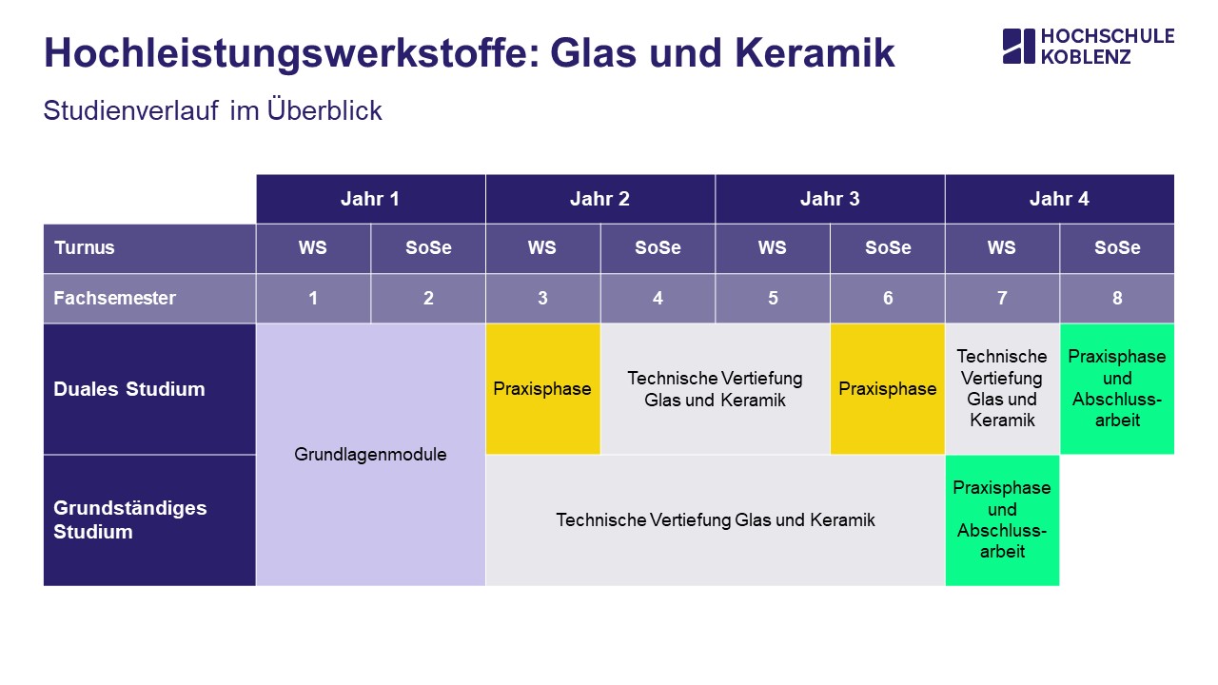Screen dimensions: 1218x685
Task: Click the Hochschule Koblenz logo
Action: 1088,47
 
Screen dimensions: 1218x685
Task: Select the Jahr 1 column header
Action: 370,199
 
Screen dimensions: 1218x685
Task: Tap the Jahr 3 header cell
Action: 830,199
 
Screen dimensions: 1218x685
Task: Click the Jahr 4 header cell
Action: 1060,199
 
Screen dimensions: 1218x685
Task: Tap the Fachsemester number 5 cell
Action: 773,299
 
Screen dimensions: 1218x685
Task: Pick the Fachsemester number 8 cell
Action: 1117,299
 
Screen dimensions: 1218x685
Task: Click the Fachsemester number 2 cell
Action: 428,299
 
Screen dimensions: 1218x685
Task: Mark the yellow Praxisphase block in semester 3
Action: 542,389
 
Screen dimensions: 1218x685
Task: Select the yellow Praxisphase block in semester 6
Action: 888,389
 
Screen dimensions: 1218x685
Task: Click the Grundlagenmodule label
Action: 370,455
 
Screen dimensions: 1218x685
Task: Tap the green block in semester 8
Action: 1117,389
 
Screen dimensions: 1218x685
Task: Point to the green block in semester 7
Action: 1002,520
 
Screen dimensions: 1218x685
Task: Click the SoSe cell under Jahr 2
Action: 658,248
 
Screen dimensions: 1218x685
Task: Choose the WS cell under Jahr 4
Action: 1002,248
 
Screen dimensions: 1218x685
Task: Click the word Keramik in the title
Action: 815,53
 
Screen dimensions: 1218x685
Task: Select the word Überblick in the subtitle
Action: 324,110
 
